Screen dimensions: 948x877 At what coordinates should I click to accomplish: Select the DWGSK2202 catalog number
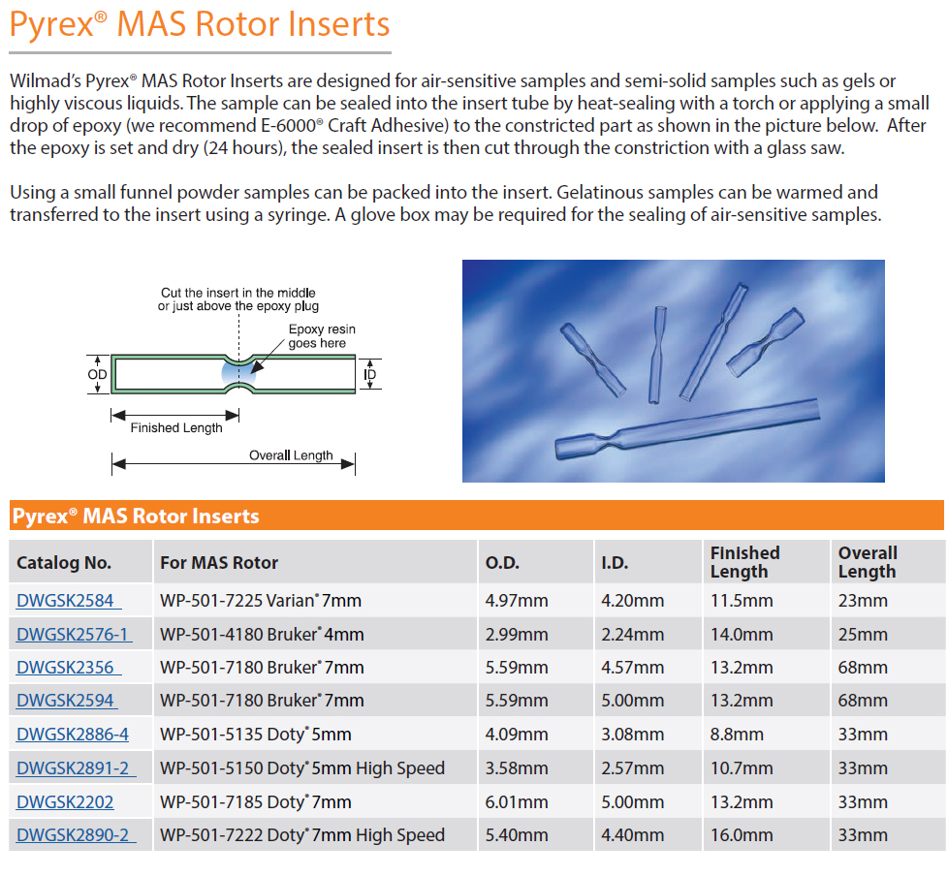coord(65,802)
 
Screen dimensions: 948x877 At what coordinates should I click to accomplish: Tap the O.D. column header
coord(502,563)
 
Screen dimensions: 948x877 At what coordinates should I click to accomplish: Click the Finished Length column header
coord(744,562)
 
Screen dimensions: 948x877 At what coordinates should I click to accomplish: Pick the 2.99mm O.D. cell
coord(517,635)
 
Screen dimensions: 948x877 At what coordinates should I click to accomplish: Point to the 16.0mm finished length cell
coord(742,835)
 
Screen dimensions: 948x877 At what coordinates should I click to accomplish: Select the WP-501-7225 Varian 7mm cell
coord(261,601)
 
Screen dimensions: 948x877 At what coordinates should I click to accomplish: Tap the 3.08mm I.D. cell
coord(632,735)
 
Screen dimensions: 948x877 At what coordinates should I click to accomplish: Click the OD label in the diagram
coord(97,375)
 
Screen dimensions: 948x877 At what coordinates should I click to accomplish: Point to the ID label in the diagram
coord(370,375)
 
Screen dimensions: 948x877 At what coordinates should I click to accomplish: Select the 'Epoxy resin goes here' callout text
coord(322,336)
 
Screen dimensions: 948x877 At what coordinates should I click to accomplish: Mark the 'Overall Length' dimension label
coord(291,455)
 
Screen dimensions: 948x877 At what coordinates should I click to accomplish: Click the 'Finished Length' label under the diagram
coord(176,428)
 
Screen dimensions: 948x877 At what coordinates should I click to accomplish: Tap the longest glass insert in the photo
coord(686,428)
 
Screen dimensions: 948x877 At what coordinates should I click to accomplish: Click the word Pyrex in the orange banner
coord(40,517)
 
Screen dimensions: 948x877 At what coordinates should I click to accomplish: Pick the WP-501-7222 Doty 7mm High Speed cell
coord(302,835)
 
